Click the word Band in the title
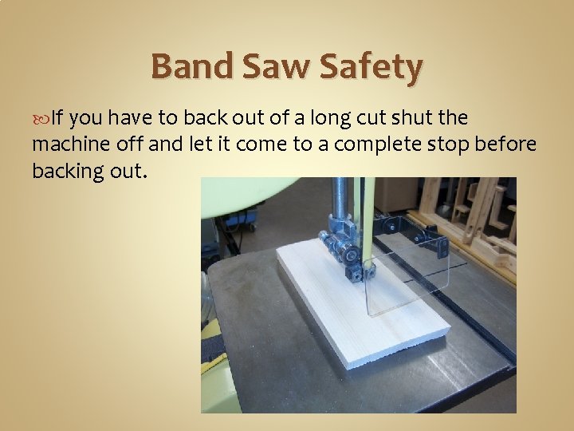tap(189, 67)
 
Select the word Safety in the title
tap(370, 69)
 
